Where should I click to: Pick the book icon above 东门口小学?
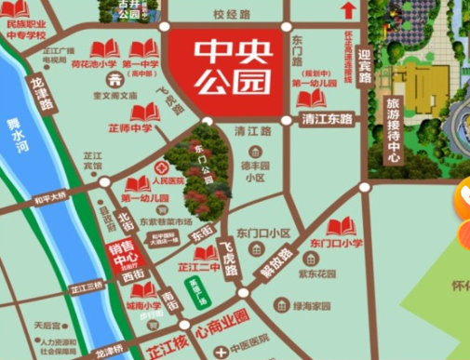pos(342,226)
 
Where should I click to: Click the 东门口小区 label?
pos(264,233)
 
